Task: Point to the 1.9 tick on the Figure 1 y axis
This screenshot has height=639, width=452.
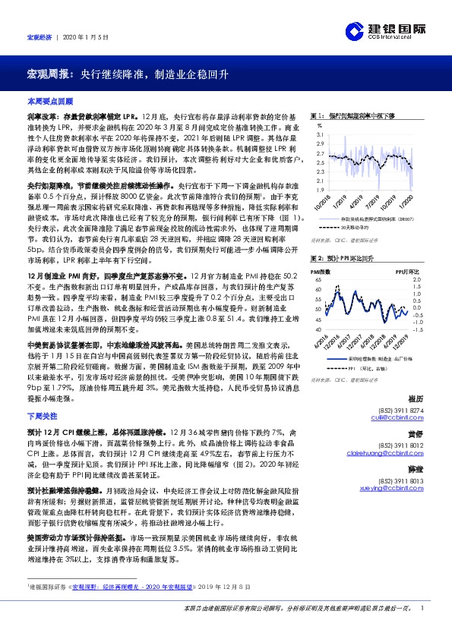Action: [320, 190]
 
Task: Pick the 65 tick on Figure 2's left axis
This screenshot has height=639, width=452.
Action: [320, 279]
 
